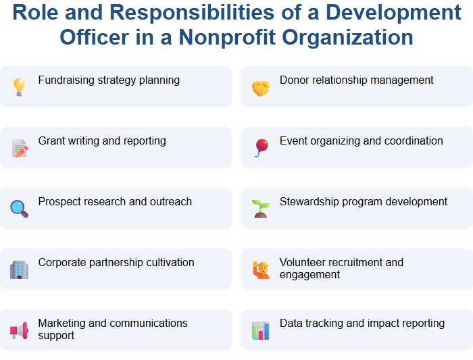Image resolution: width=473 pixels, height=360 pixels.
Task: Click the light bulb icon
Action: click(x=19, y=86)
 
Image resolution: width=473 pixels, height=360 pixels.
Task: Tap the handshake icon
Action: click(x=261, y=87)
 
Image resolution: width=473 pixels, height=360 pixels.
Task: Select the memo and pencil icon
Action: click(x=19, y=148)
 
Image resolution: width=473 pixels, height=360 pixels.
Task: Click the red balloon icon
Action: click(x=261, y=147)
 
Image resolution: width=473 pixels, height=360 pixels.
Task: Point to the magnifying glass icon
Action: click(x=19, y=209)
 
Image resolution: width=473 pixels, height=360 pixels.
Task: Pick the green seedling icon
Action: click(x=261, y=209)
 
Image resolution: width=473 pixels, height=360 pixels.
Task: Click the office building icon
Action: click(x=19, y=269)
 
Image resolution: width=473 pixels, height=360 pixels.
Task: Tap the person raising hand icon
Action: click(x=261, y=269)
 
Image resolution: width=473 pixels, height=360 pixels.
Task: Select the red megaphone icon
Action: click(x=19, y=330)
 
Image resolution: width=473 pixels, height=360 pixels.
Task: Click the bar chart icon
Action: click(x=261, y=330)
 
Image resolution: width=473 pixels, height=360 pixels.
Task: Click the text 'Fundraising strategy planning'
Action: click(x=109, y=80)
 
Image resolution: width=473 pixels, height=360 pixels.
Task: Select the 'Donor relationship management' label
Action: click(x=356, y=80)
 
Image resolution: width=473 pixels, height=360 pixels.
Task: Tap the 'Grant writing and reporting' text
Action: click(x=102, y=141)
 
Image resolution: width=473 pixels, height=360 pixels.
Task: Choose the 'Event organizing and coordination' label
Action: click(x=361, y=141)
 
